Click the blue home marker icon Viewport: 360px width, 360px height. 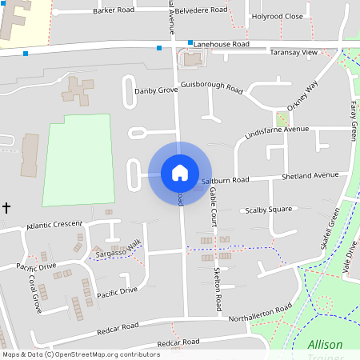pyautogui.click(x=180, y=172)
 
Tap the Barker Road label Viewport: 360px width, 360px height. pyautogui.click(x=114, y=11)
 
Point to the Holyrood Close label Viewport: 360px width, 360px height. pyautogui.click(x=278, y=16)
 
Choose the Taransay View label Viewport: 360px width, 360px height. pyautogui.click(x=294, y=52)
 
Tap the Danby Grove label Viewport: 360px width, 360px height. pyautogui.click(x=155, y=90)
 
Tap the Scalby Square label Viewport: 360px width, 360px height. pyautogui.click(x=268, y=210)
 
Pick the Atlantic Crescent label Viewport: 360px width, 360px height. pyautogui.click(x=54, y=226)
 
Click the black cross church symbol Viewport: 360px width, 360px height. pyautogui.click(x=6, y=208)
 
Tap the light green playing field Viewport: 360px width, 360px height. pyautogui.click(x=77, y=160)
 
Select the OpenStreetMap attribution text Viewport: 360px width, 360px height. pyautogui.click(x=81, y=354)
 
